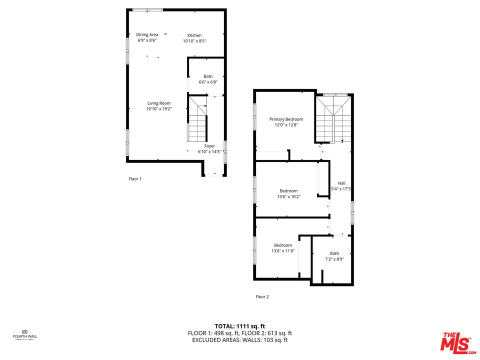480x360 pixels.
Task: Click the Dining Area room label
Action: point(147,35)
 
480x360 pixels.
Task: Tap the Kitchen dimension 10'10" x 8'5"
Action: point(194,41)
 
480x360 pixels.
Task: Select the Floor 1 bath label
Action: point(207,76)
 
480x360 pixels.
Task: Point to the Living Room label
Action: point(158,103)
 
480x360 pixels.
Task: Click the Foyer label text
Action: point(209,146)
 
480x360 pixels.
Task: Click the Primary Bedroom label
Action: point(286,119)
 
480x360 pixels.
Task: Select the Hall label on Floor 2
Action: point(341,183)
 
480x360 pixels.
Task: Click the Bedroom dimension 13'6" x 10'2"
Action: point(288,196)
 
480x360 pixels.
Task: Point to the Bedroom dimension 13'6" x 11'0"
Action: point(282,251)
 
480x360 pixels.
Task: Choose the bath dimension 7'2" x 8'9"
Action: point(334,259)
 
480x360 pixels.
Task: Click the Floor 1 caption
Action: point(135,178)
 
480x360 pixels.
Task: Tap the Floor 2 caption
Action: point(262,296)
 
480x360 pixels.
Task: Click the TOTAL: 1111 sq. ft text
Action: point(240,325)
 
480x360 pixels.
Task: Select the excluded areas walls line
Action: point(240,340)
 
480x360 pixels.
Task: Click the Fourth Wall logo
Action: point(24,333)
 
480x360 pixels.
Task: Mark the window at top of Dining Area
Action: point(147,9)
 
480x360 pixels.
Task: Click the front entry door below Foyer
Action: point(214,175)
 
